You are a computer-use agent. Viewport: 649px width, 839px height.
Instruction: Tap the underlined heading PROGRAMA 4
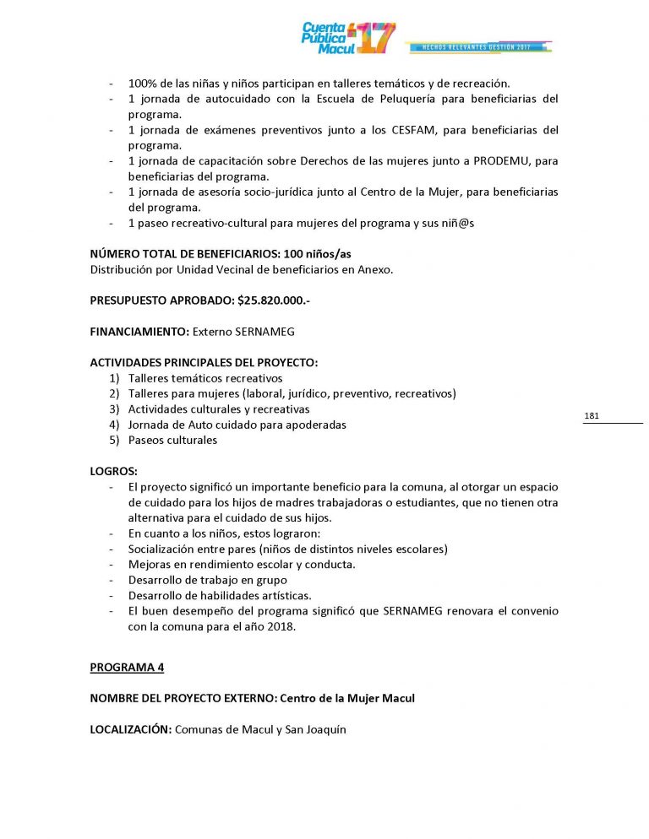128,668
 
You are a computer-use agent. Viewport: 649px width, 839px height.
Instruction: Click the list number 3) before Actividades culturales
114,409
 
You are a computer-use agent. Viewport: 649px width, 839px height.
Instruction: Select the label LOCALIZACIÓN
130,729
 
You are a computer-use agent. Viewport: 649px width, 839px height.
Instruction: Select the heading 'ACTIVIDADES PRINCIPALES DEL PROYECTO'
204,363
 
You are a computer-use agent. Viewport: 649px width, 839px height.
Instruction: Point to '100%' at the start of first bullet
140,83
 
